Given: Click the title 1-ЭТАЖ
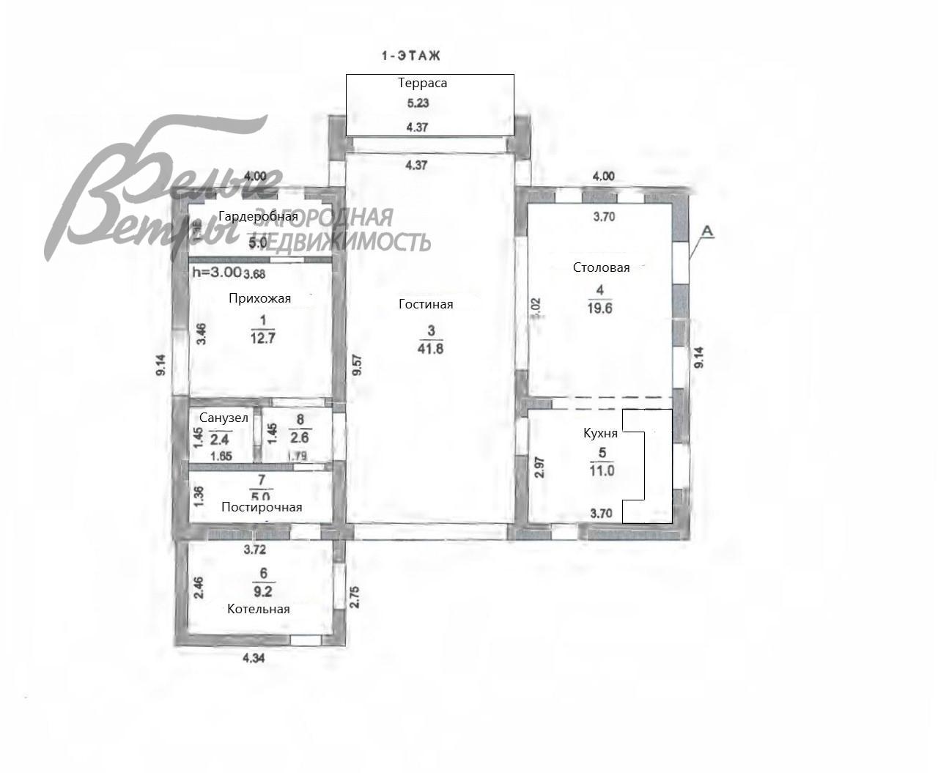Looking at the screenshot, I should click(410, 56).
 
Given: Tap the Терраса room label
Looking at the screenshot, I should click(422, 83).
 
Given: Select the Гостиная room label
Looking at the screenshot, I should click(426, 304).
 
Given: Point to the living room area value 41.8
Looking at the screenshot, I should click(430, 349).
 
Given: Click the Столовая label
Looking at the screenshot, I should click(601, 267).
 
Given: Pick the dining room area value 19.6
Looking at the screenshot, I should click(599, 308).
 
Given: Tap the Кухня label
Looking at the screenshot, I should click(600, 433).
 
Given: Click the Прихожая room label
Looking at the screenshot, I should click(259, 298).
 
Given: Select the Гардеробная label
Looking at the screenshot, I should click(258, 216).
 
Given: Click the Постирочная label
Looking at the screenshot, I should click(262, 507).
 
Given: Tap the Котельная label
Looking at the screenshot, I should click(258, 609).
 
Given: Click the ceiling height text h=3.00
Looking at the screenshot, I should click(216, 271).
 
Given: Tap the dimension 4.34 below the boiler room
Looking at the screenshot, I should click(254, 658).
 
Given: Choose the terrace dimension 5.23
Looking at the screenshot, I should click(418, 103).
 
